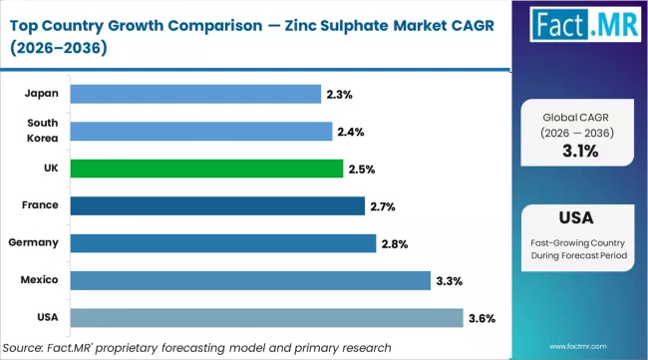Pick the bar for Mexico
(249, 280)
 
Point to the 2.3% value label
(338, 94)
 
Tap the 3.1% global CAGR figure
(579, 152)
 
